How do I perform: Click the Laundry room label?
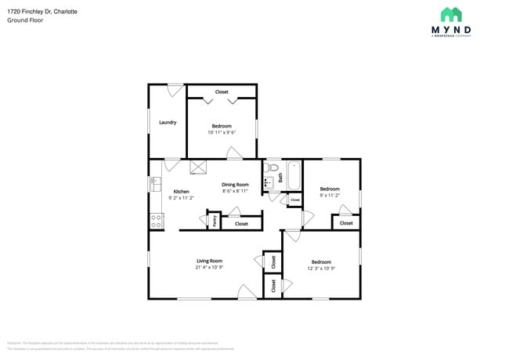coord(168,122)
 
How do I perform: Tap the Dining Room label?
coord(235,185)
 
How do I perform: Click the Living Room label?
coord(209,261)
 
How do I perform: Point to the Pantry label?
coord(214,221)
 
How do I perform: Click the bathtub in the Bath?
coord(294,175)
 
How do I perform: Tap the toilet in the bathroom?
coord(273,167)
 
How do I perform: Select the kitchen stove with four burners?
coord(156,221)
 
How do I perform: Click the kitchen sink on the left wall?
coord(154,185)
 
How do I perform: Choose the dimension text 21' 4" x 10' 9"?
coord(209,268)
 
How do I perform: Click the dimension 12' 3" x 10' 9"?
coord(321,268)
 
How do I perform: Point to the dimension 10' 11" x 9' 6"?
coord(222,132)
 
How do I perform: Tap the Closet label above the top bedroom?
coord(222,92)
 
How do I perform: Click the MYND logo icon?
coord(450,14)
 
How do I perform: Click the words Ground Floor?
coord(25,20)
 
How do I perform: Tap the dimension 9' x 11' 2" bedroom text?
coord(329,196)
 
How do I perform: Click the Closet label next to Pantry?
coord(241,224)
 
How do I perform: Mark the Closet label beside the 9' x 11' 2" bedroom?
coord(346,223)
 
